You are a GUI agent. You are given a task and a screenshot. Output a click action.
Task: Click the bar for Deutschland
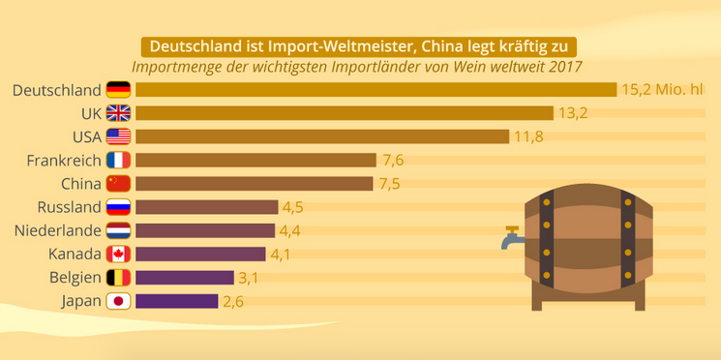click(376, 90)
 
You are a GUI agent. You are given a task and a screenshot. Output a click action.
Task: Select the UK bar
click(345, 113)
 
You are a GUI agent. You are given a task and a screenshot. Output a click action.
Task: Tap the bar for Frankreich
click(256, 160)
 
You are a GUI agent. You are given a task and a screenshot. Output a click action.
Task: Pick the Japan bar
click(176, 301)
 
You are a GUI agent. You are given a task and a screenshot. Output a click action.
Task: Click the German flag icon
click(119, 90)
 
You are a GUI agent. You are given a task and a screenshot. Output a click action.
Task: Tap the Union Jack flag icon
click(119, 113)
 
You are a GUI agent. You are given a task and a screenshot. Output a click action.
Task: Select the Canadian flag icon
click(119, 255)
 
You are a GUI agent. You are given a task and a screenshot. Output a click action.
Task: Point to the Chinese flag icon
click(119, 184)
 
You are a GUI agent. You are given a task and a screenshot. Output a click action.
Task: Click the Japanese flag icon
click(119, 301)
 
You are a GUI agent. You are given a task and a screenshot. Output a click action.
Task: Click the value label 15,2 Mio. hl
click(663, 90)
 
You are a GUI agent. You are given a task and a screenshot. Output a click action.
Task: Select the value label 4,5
click(293, 207)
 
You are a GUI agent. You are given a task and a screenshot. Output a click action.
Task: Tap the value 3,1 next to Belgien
click(249, 278)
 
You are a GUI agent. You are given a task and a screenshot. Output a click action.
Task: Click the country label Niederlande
click(57, 230)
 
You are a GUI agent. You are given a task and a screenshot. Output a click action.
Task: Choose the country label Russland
click(69, 207)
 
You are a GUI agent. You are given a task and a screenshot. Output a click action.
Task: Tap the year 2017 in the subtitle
click(565, 67)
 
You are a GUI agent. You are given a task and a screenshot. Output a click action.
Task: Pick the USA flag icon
click(119, 136)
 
